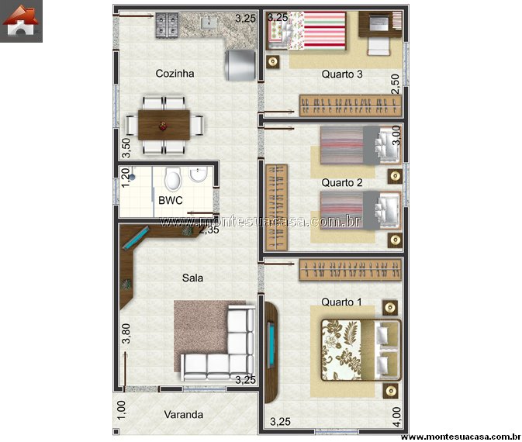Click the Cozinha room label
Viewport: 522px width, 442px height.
(175, 73)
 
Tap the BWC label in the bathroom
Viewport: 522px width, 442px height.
(171, 200)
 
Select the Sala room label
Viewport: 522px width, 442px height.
(192, 278)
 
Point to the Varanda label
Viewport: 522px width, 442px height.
(183, 414)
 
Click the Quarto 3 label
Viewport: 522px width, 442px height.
(342, 74)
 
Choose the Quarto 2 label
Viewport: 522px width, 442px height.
(342, 182)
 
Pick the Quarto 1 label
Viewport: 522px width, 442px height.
(341, 302)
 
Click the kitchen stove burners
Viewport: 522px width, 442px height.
(167, 25)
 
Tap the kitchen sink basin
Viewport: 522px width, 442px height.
(209, 22)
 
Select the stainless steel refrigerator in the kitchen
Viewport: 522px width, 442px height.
(240, 65)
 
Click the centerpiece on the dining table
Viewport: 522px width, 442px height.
(163, 126)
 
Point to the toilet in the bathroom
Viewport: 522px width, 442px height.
(173, 178)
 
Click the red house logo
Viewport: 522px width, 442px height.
(21, 21)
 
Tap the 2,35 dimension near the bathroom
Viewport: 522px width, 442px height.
(209, 230)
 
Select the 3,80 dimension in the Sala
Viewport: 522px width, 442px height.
(126, 333)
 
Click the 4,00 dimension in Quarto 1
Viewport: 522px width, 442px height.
(396, 416)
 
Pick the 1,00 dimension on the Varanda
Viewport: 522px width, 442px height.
(122, 410)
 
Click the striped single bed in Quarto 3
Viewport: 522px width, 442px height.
(307, 30)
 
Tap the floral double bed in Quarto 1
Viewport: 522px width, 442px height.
(361, 350)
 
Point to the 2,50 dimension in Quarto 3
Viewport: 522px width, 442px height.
(395, 85)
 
